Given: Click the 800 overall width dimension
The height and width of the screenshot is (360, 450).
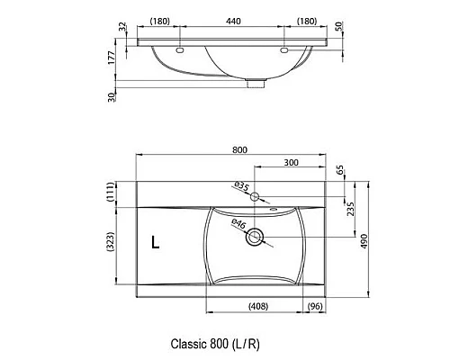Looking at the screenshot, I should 239,149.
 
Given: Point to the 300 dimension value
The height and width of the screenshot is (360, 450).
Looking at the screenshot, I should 291,162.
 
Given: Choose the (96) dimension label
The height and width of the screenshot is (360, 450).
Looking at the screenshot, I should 315,306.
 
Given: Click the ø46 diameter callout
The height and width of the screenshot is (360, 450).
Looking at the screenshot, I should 239,224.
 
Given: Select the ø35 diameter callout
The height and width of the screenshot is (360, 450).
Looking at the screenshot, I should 241,186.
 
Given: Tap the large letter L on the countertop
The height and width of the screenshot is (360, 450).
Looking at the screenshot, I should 156,242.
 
